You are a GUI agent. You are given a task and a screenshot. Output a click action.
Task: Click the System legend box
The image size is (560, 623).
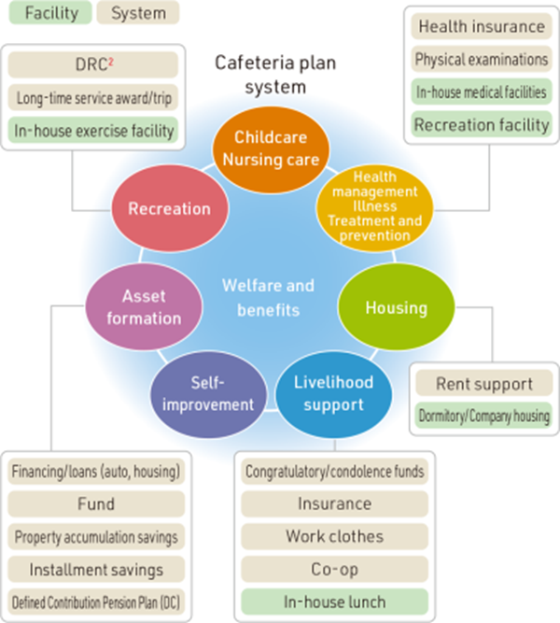point(136,13)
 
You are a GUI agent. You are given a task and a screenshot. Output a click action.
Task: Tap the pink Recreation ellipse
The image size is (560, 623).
point(169,208)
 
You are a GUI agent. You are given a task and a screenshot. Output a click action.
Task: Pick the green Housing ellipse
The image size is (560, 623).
point(396,307)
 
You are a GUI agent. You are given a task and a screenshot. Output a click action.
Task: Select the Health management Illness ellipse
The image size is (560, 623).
point(375,206)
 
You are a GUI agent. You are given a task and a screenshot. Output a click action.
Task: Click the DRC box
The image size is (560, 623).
point(92,64)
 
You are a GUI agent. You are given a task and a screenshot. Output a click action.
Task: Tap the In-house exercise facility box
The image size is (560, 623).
point(92,130)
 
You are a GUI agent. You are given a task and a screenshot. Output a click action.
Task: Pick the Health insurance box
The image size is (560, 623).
point(481,26)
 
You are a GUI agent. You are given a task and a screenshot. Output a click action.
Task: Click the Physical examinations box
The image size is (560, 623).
point(481,59)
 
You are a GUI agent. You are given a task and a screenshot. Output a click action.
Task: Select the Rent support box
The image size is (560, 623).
point(484,383)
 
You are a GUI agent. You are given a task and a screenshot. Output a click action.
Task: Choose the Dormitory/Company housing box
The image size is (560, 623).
point(484,416)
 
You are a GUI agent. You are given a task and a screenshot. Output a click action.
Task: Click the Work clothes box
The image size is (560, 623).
point(334,537)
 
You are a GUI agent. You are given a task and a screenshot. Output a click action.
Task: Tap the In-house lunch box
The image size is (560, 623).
point(334,602)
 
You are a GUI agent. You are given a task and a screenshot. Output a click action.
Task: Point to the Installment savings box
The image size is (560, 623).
point(96,569)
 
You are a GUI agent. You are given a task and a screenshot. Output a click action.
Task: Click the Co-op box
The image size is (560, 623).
point(334,569)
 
